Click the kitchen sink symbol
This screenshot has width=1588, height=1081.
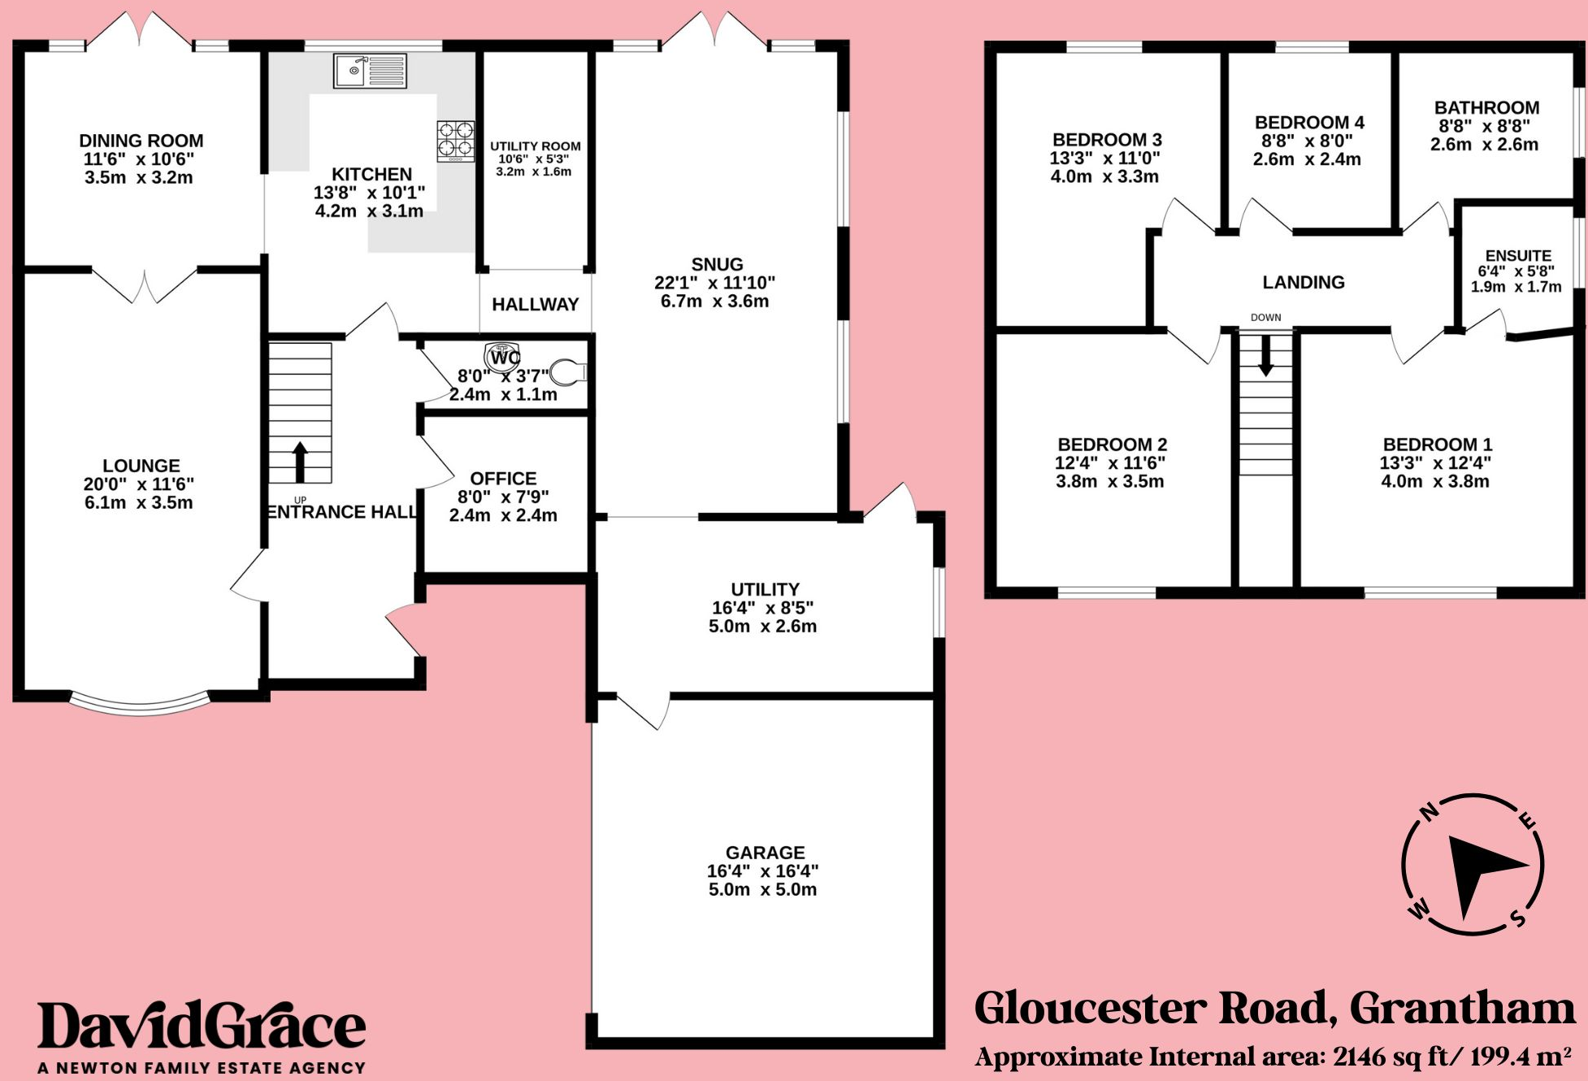370,71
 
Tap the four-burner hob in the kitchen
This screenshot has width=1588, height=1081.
455,141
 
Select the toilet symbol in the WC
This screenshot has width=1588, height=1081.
568,373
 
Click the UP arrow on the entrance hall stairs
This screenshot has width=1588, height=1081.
300,462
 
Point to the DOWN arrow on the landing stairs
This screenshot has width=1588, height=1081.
1265,356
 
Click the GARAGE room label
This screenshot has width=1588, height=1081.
765,853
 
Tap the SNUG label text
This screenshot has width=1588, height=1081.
717,264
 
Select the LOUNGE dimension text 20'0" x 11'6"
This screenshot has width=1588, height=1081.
139,484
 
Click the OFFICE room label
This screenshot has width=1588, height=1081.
503,479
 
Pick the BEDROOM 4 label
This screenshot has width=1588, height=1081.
1309,123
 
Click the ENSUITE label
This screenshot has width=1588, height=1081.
1518,256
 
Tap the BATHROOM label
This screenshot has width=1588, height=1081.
1486,108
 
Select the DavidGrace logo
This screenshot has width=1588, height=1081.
202,1026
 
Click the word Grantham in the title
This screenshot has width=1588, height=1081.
1462,1009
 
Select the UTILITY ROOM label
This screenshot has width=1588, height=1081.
535,146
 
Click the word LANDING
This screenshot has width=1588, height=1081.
1303,282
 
